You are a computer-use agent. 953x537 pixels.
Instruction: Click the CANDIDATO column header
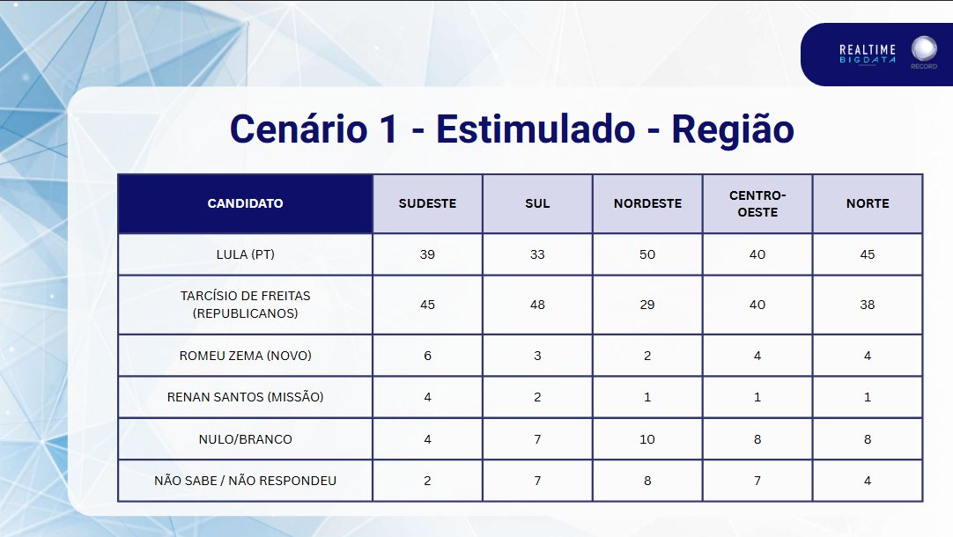[x=245, y=203]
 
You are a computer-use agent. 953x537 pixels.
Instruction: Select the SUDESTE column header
[x=427, y=203]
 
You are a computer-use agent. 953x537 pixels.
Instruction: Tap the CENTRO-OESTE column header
[x=757, y=203]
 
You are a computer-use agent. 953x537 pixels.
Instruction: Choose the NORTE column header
[x=868, y=203]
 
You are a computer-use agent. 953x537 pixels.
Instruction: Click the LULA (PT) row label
[x=245, y=254]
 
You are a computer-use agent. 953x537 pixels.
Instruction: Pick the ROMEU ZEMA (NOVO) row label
[x=245, y=356]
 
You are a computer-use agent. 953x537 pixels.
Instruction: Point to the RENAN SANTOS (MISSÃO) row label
[x=245, y=397]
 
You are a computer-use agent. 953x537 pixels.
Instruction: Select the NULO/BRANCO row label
[x=245, y=439]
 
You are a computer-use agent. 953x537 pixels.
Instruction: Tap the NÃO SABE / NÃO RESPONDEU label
[x=245, y=481]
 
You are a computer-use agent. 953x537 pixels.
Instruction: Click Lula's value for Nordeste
[x=647, y=254]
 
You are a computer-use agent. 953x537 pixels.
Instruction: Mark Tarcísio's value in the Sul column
[x=537, y=305]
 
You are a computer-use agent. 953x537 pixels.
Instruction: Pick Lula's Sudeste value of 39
[x=427, y=254]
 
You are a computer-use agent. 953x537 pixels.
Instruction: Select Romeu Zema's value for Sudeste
[x=427, y=356]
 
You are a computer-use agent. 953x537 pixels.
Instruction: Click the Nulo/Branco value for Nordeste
[x=647, y=439]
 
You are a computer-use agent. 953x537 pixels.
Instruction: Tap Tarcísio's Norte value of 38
[x=868, y=305]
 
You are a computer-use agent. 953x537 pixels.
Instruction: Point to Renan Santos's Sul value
[x=537, y=397]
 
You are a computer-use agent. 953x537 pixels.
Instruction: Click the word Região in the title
[x=732, y=130]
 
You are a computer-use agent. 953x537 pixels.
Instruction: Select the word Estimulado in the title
[x=536, y=130]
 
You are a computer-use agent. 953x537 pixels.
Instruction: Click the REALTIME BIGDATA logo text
[x=868, y=54]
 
